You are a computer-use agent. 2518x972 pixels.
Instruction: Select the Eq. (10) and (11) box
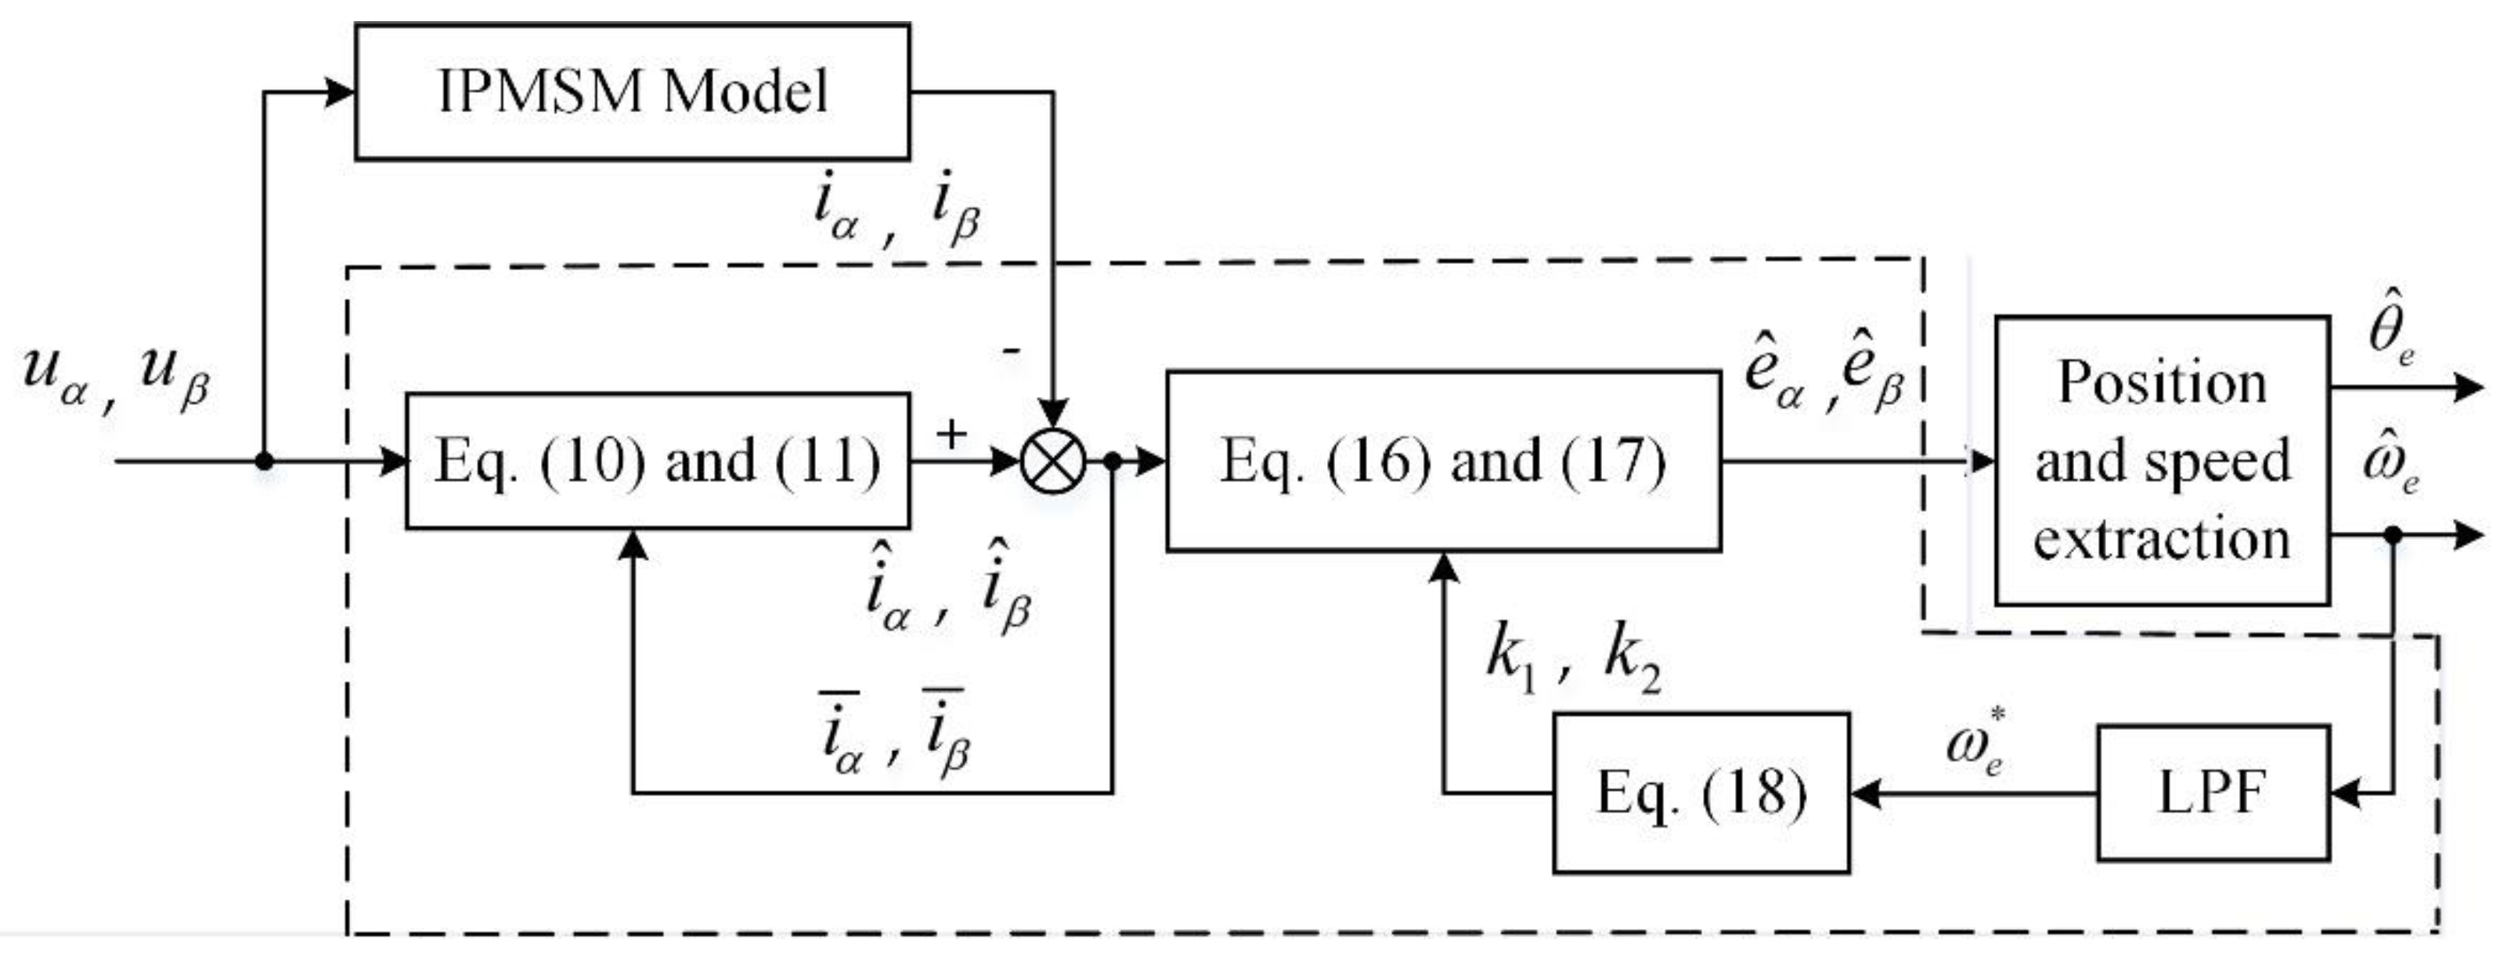(x=657, y=461)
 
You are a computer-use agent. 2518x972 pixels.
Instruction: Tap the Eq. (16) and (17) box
(x=1443, y=461)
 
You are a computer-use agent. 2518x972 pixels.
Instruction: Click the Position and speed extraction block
(x=2161, y=461)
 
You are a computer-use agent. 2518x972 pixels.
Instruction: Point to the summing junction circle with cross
(x=1053, y=461)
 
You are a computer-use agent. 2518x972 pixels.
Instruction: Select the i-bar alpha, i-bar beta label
(x=894, y=733)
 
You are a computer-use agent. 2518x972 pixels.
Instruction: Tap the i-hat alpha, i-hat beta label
(x=946, y=589)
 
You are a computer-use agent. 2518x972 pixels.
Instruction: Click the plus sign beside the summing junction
(x=951, y=433)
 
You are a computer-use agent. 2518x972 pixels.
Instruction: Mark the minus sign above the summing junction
(x=1012, y=350)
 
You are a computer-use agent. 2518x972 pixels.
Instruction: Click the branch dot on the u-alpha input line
(x=264, y=461)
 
